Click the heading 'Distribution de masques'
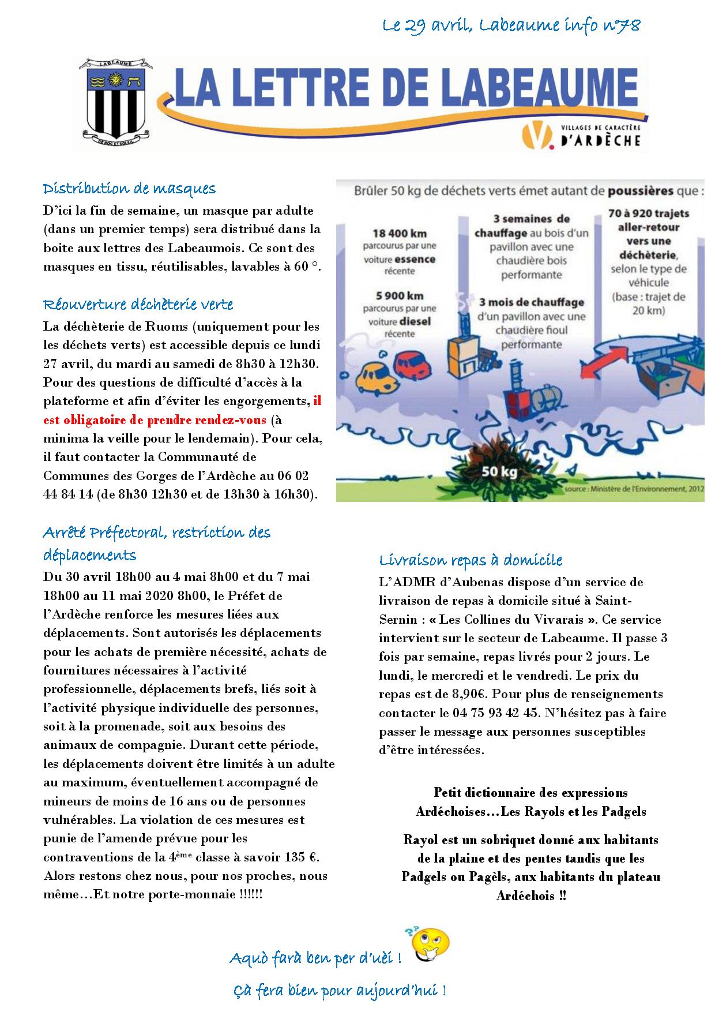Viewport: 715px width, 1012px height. [129, 189]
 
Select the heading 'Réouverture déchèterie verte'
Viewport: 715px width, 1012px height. [138, 304]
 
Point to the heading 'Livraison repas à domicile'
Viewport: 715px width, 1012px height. [471, 560]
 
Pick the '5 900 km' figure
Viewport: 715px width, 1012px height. [399, 296]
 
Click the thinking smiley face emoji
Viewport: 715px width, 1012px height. [431, 944]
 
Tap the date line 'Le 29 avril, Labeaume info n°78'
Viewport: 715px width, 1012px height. [511, 26]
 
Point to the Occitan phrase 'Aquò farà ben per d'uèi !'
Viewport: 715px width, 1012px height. [315, 958]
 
